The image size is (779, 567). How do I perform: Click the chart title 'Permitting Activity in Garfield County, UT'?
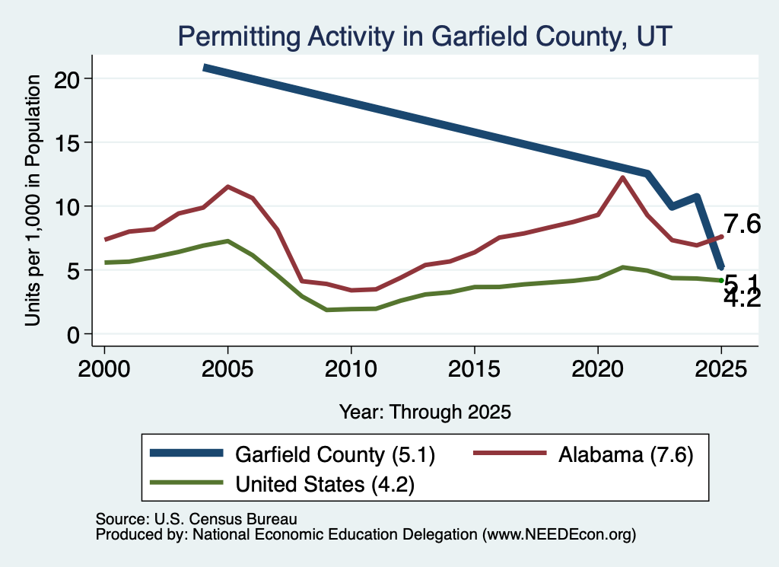point(424,37)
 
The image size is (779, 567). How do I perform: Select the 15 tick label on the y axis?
point(67,143)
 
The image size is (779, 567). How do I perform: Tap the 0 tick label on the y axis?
point(74,335)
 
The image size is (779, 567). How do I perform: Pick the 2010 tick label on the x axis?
point(351,369)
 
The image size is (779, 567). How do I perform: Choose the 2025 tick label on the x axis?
point(721,369)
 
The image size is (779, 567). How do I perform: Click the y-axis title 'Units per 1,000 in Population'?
point(33,200)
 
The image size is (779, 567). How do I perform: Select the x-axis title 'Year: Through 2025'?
point(425,412)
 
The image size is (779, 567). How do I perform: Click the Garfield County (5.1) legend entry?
point(293,454)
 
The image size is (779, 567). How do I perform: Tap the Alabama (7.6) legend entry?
point(583,454)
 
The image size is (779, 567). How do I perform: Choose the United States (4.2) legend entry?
point(282,483)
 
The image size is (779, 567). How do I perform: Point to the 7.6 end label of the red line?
point(742,224)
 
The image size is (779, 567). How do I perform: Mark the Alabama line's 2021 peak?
point(622,177)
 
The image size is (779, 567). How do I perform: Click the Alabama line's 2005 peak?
point(227,187)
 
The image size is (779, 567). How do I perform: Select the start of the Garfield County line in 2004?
point(204,68)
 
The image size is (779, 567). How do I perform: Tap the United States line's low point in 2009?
point(327,310)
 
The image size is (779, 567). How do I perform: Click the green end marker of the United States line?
point(721,281)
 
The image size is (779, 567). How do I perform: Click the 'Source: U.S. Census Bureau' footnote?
point(196,519)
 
